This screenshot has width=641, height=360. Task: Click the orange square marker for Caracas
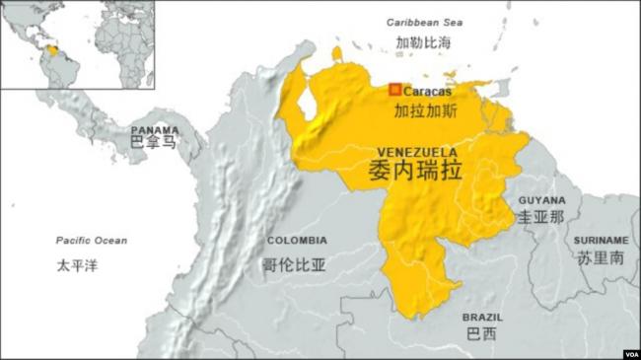[394, 90]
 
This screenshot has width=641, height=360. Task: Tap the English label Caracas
[427, 92]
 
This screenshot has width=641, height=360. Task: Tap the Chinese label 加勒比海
[423, 42]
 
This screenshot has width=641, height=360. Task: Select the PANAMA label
[156, 129]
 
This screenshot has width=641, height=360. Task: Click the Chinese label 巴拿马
[154, 144]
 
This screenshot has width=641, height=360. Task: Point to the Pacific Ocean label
[92, 241]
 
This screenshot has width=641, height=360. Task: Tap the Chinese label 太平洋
[77, 264]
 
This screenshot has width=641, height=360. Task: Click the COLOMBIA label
[297, 240]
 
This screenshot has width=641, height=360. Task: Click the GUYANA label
[542, 199]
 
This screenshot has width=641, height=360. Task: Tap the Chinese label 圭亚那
[541, 216]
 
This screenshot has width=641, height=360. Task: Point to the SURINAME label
[601, 240]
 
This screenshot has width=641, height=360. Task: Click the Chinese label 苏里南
[601, 258]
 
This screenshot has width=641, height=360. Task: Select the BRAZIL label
[482, 318]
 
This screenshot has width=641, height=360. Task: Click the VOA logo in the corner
[631, 353]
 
